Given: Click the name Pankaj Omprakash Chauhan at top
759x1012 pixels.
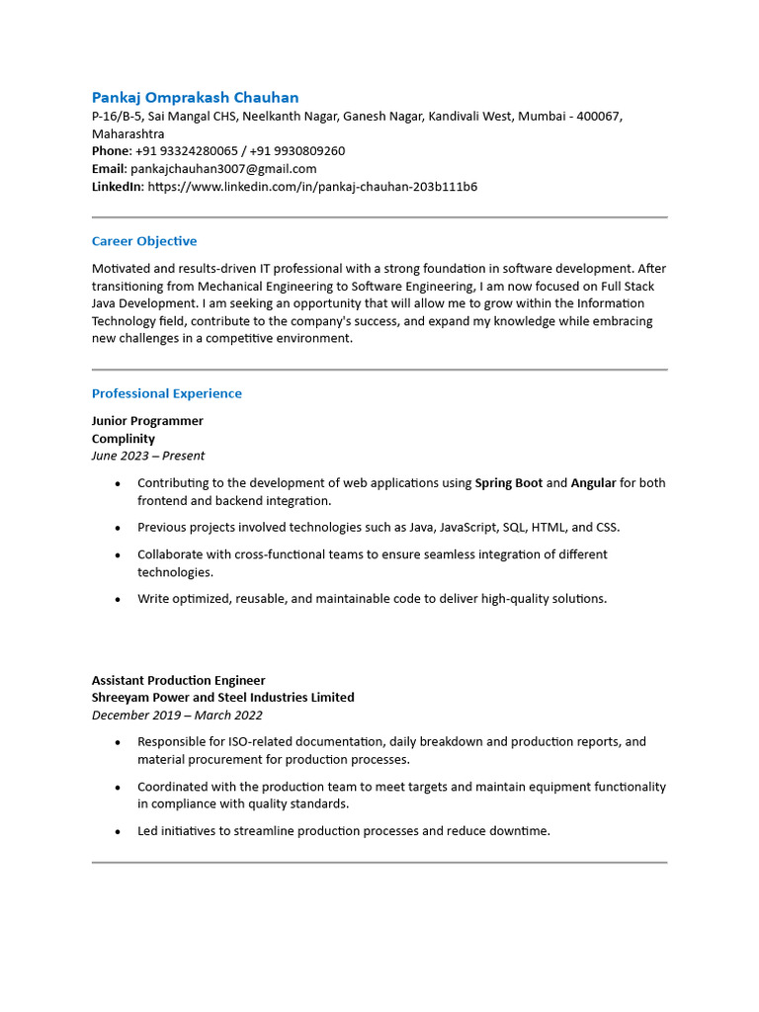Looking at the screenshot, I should click(x=195, y=98).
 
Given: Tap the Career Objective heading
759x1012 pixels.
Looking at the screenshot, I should click(x=144, y=241).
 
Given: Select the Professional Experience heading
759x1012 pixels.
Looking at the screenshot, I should click(x=166, y=393).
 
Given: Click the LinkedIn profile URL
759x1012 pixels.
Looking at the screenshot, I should click(x=312, y=186).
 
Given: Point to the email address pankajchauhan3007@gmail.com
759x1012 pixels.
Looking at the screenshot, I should click(x=223, y=169).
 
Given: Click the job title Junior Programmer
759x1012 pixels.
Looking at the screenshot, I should click(x=147, y=421).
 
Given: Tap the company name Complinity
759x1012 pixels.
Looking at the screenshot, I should click(x=124, y=439).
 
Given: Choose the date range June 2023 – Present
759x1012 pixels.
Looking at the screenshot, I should click(x=148, y=456).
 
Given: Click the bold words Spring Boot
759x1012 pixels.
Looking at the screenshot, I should click(x=508, y=483).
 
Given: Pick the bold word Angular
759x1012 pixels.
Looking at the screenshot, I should click(x=593, y=483).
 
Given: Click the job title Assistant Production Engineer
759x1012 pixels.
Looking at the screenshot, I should click(x=178, y=680).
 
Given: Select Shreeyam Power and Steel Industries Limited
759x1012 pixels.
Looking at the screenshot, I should click(x=222, y=698).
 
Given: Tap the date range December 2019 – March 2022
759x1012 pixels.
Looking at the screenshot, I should click(x=177, y=715).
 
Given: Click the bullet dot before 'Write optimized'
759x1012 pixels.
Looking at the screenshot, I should click(x=118, y=599).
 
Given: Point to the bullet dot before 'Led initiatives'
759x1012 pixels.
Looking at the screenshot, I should click(x=118, y=832).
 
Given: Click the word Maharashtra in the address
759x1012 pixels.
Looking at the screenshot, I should click(x=128, y=133).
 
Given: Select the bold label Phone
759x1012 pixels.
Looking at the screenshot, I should click(x=111, y=151).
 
